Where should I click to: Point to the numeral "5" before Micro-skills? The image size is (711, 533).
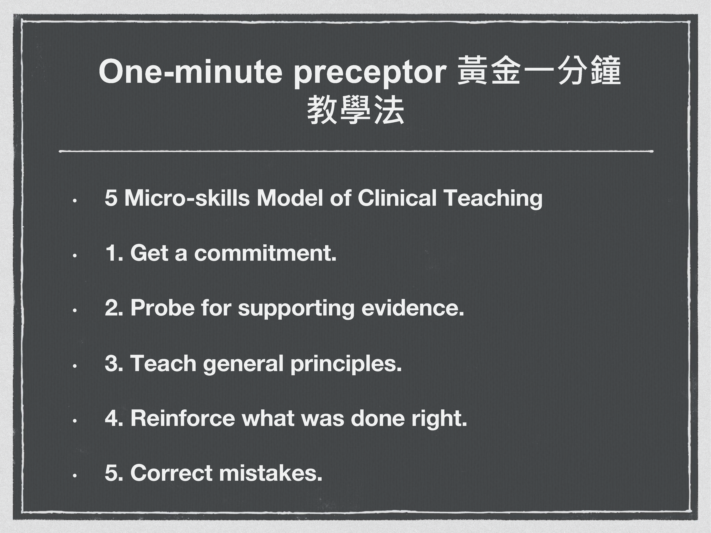coord(111,198)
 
